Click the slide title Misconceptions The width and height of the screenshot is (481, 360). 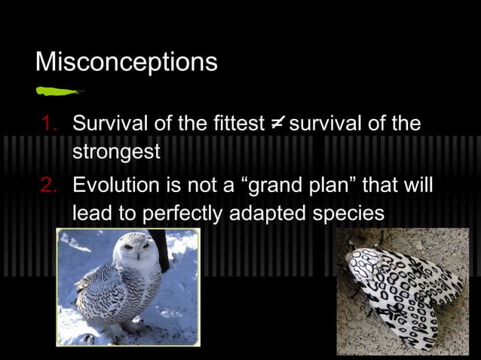[x=127, y=61]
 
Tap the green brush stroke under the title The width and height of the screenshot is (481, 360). [x=59, y=92]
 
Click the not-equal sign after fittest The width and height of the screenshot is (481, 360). [x=276, y=123]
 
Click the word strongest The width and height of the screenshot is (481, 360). [x=116, y=152]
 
